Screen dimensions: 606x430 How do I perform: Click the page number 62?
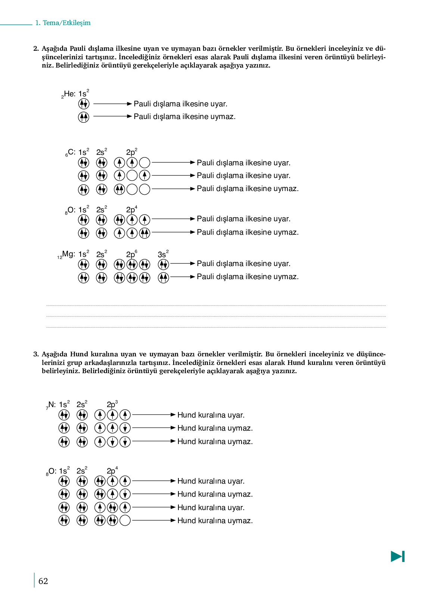(43, 581)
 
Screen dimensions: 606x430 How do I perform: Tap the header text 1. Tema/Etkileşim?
(63, 23)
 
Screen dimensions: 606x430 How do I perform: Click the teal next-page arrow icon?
(398, 556)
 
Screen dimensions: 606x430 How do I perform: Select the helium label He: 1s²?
(75, 94)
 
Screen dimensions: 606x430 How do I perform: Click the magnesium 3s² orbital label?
(163, 254)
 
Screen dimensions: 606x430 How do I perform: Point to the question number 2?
(36, 49)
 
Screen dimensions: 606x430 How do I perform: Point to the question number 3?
(36, 354)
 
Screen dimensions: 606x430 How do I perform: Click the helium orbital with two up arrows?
(84, 117)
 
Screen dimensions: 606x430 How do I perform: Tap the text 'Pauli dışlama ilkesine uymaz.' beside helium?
(184, 117)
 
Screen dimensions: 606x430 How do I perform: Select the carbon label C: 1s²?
(77, 152)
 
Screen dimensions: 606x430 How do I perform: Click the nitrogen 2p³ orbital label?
(112, 404)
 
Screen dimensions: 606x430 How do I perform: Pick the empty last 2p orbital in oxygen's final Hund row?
(125, 520)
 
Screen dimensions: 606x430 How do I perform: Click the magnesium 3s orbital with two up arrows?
(163, 277)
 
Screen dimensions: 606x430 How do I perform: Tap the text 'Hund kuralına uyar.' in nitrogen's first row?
(211, 415)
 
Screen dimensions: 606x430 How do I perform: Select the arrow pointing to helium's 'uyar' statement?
(112, 104)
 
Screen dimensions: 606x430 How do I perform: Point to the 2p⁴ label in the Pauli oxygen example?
(131, 210)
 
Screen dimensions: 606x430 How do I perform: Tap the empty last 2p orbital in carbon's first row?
(144, 163)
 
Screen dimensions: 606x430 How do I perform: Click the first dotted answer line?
(216, 306)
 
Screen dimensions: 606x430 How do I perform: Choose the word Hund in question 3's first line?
(79, 354)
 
